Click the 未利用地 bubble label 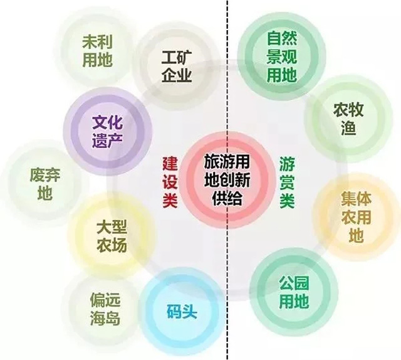click(98, 51)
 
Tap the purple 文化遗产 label click(107, 132)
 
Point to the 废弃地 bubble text click(45, 184)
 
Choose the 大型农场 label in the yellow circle click(112, 236)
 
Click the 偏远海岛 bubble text click(105, 309)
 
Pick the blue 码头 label click(182, 311)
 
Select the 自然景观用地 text click(281, 57)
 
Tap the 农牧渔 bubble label click(348, 119)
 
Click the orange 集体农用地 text click(356, 217)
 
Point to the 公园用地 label click(294, 292)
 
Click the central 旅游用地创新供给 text click(227, 180)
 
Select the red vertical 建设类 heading click(170, 183)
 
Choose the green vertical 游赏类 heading click(287, 183)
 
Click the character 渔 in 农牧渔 click(348, 127)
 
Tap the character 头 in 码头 click(190, 311)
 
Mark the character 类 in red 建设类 click(170, 200)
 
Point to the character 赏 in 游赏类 click(287, 183)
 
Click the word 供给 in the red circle click(227, 198)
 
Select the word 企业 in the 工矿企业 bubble click(177, 75)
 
